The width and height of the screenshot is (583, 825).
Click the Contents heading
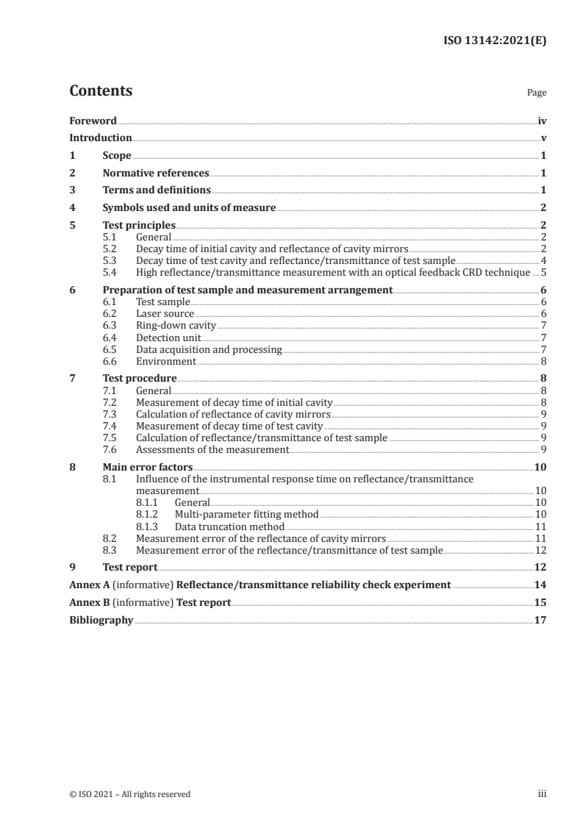(x=101, y=91)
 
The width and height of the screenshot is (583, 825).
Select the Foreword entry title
(x=93, y=121)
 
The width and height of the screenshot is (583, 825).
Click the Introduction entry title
(x=101, y=138)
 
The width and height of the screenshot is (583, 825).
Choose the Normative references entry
(x=156, y=174)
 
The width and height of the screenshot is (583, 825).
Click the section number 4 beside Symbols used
(x=72, y=208)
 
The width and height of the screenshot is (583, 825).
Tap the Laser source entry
(x=165, y=314)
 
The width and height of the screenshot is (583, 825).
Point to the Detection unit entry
(x=168, y=337)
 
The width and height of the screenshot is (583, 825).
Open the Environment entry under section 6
(x=166, y=361)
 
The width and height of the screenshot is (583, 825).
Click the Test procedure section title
(x=140, y=379)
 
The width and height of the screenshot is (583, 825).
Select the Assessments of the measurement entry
(x=212, y=449)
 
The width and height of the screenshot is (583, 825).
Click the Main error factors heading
(x=148, y=467)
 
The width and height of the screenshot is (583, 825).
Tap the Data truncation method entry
(x=229, y=526)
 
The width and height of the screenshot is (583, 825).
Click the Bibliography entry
(x=101, y=621)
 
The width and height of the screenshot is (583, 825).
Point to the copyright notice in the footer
(x=129, y=794)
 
